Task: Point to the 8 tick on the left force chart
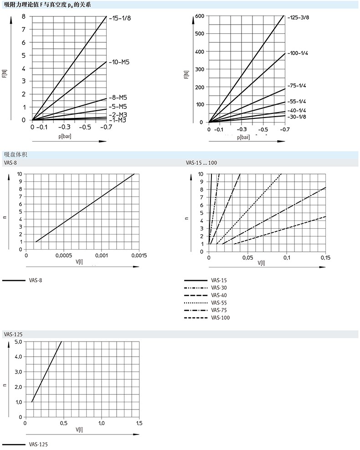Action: [x=24, y=16]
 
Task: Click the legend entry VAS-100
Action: [x=220, y=317]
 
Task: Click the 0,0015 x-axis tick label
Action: [x=139, y=256]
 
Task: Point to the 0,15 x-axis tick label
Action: [x=325, y=258]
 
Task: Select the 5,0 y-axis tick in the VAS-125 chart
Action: [x=18, y=342]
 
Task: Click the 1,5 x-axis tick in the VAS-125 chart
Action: [x=139, y=423]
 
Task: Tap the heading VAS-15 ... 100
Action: [x=200, y=163]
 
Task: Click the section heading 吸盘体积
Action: [x=13, y=154]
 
